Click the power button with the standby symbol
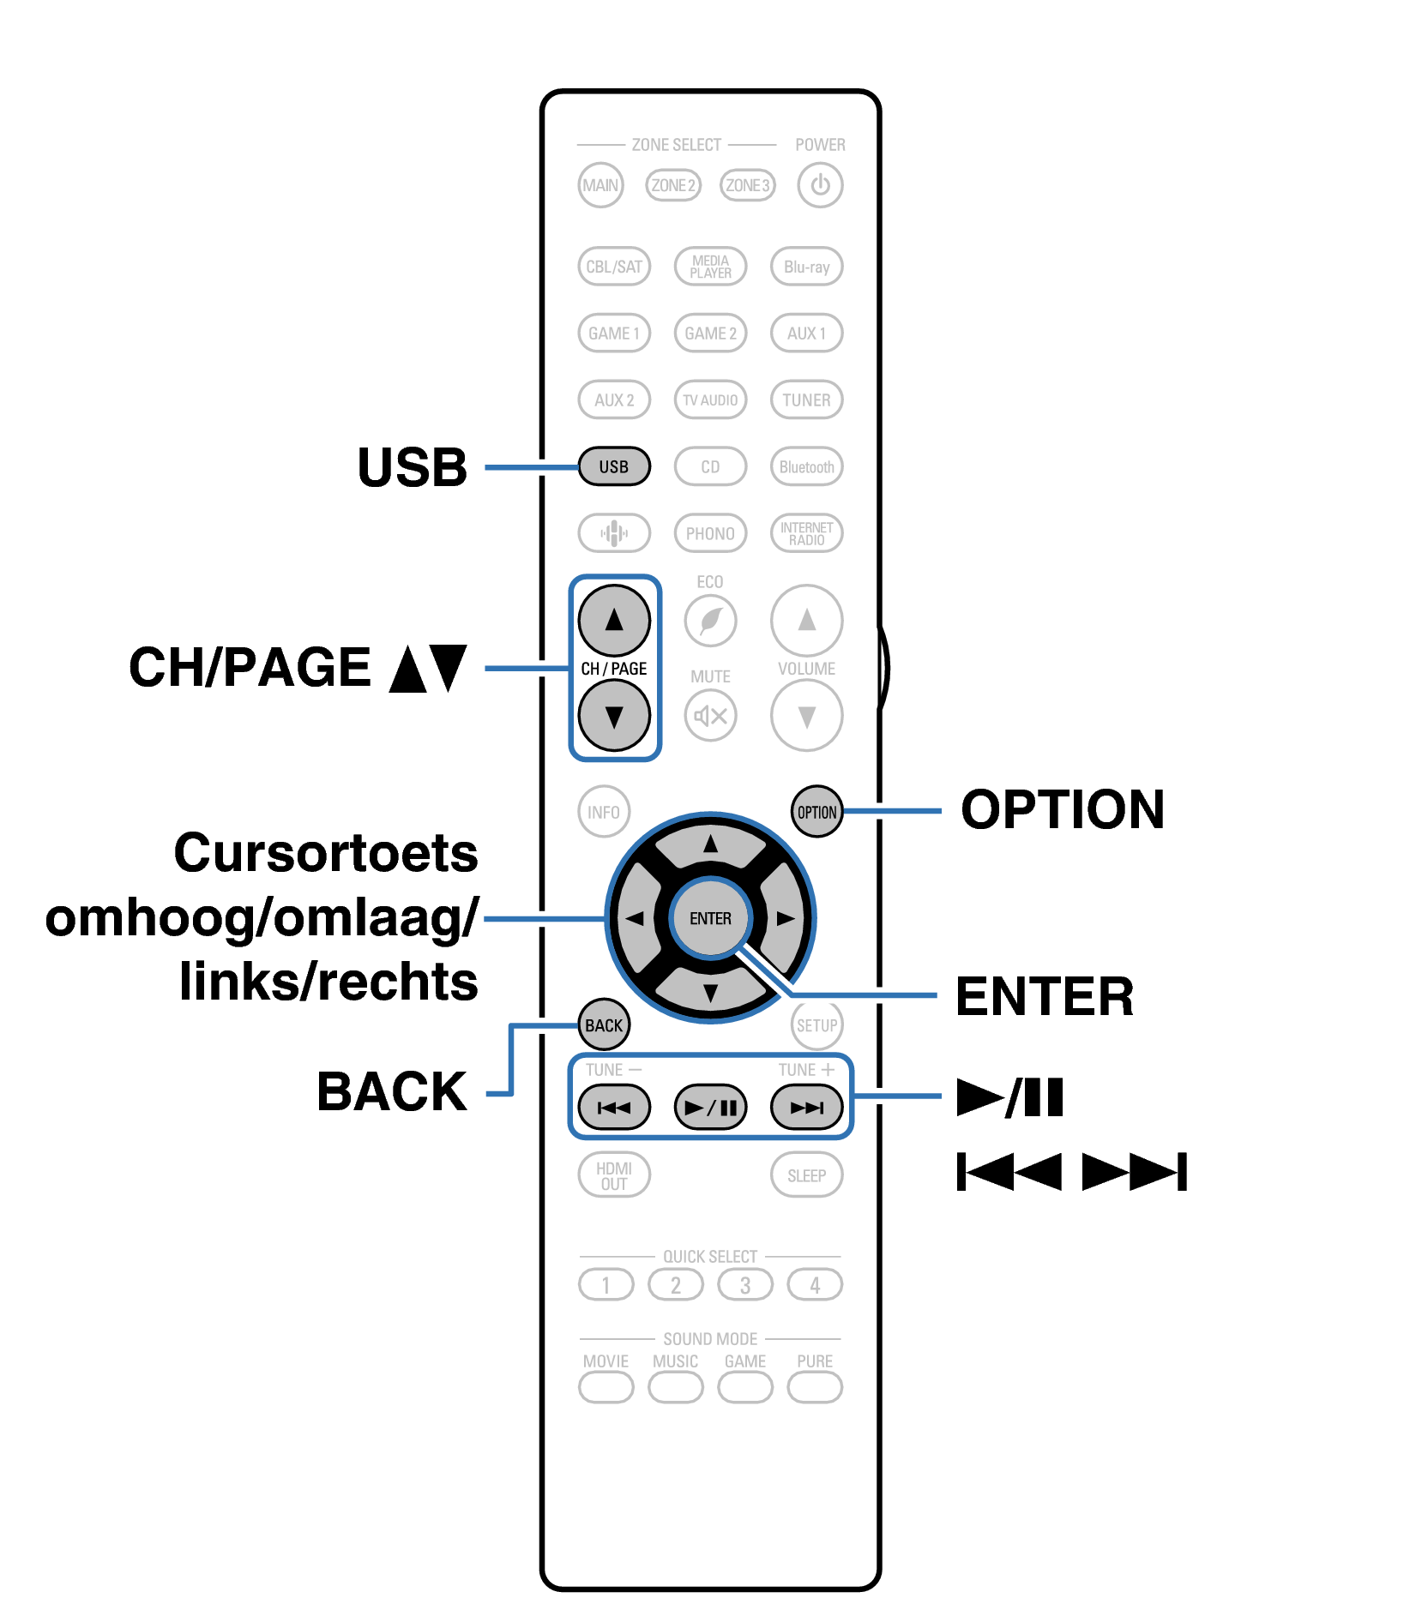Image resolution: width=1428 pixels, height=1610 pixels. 819,185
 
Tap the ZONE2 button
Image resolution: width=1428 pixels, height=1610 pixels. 672,185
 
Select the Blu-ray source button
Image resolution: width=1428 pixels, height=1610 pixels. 806,267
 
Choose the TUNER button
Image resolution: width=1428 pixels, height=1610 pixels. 806,400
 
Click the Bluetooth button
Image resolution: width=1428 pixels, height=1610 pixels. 806,467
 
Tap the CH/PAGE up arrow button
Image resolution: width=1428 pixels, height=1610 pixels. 614,620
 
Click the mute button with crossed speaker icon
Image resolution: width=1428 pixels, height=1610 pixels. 710,716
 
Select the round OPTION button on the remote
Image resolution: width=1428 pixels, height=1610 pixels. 816,812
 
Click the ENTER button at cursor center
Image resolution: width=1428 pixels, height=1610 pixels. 710,918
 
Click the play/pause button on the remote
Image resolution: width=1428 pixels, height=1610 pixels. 710,1108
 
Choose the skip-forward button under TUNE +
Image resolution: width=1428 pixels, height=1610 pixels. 806,1108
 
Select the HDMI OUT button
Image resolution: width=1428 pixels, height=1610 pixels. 614,1175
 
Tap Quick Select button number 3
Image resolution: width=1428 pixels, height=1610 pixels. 744,1285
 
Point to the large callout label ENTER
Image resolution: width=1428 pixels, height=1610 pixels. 1044,996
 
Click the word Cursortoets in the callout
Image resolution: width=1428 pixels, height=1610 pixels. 326,853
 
